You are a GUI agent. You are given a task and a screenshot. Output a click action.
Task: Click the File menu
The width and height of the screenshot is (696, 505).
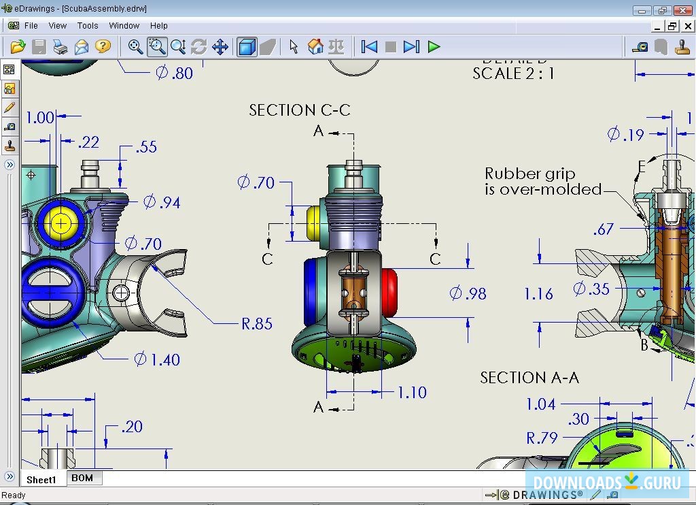click(x=31, y=26)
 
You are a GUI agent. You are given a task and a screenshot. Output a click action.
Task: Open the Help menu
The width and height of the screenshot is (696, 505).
click(x=158, y=26)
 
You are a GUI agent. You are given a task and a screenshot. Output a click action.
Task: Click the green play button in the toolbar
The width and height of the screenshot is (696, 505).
click(x=434, y=47)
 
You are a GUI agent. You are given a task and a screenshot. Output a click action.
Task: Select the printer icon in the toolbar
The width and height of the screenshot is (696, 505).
click(x=60, y=47)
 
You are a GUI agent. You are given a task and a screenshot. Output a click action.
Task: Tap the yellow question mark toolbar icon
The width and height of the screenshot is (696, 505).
click(x=103, y=46)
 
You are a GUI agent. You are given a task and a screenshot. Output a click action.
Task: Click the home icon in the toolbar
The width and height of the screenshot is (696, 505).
click(x=315, y=47)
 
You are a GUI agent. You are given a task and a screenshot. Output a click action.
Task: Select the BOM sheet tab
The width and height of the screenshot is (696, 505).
click(x=82, y=478)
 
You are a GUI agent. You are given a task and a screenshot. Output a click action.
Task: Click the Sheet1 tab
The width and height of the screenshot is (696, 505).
click(x=41, y=479)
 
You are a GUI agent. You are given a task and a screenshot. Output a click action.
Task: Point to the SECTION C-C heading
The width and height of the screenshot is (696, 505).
click(x=299, y=110)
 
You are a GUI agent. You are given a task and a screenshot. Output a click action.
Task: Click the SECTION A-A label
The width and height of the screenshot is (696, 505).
click(x=529, y=377)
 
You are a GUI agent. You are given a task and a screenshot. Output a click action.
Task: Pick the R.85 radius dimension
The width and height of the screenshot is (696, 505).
click(x=257, y=324)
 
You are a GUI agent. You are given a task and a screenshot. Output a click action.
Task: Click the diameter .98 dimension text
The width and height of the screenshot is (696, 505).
click(x=468, y=293)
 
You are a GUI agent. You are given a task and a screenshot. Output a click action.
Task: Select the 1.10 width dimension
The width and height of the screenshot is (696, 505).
click(x=412, y=392)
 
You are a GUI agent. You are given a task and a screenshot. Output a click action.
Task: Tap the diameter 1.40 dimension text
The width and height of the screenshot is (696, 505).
click(x=157, y=359)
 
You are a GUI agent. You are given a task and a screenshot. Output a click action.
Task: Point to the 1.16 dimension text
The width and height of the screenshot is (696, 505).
click(x=538, y=294)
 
